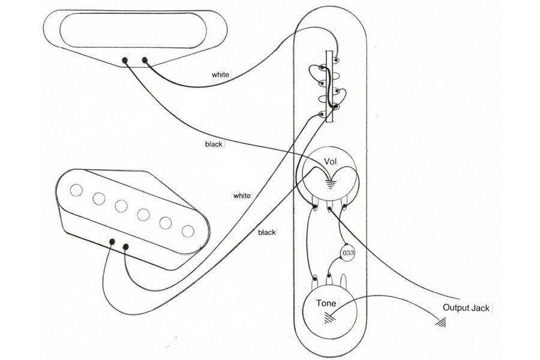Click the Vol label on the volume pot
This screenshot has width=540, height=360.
pyautogui.click(x=330, y=163)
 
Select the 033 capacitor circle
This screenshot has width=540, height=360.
pyautogui.click(x=348, y=254)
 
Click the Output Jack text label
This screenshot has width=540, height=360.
pyautogui.click(x=466, y=308)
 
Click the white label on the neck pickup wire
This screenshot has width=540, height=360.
pyautogui.click(x=220, y=75)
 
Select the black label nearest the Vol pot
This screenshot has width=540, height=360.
pyautogui.click(x=214, y=145)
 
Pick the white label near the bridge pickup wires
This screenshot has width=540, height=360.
pyautogui.click(x=242, y=196)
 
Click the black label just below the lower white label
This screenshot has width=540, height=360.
pyautogui.click(x=267, y=232)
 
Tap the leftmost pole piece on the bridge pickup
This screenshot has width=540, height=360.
pyautogui.click(x=76, y=190)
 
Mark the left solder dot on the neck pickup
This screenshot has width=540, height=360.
pyautogui.click(x=125, y=60)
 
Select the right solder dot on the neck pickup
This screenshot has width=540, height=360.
pyautogui.click(x=145, y=59)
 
